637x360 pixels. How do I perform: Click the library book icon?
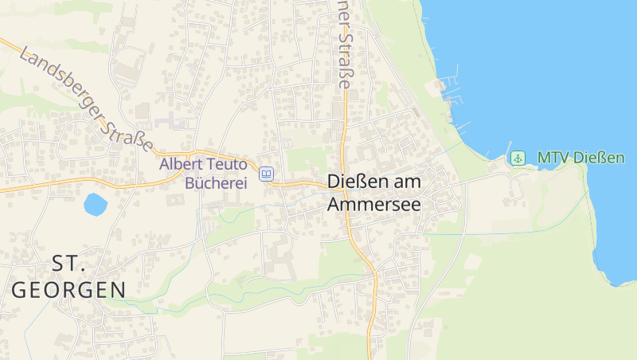[267, 174]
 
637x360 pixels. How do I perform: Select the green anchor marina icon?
[518, 158]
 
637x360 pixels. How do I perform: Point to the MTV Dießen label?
[580, 158]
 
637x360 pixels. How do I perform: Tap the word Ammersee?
[374, 205]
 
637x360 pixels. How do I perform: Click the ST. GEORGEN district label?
[68, 276]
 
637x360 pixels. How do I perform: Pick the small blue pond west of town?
[96, 205]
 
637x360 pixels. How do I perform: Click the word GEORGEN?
[68, 289]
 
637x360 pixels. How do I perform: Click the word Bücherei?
[216, 182]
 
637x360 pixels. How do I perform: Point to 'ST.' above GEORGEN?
[68, 263]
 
